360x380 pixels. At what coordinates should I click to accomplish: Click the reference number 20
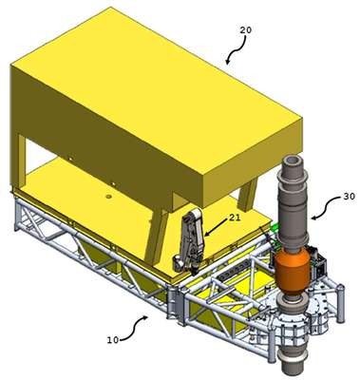[245, 30]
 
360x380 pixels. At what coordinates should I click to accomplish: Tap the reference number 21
[235, 218]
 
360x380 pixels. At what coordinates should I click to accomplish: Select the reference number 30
[349, 197]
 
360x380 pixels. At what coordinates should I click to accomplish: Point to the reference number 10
[113, 340]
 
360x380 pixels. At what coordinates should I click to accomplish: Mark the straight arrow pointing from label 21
[217, 227]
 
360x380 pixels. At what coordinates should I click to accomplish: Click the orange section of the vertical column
[292, 272]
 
